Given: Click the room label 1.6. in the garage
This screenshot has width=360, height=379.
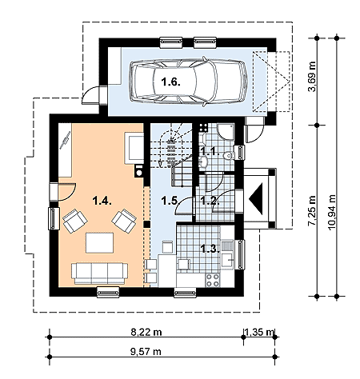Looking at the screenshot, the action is tap(171, 82).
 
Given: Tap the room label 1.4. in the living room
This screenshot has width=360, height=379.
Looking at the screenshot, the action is tap(102, 201).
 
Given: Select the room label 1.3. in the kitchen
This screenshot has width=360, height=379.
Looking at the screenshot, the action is tap(210, 249).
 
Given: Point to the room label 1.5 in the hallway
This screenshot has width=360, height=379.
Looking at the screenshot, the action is tap(170, 201).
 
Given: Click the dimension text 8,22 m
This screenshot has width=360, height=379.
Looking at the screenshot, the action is tap(146, 332).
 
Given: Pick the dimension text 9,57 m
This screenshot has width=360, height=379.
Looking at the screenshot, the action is tap(146, 352).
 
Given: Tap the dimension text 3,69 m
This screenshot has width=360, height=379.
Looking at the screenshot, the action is tap(312, 77).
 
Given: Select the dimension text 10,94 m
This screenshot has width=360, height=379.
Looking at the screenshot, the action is tap(331, 213).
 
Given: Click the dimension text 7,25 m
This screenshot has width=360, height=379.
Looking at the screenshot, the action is tap(312, 210).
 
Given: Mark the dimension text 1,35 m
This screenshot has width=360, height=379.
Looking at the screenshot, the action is tap(260, 332).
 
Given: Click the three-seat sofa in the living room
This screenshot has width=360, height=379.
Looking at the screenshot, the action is tap(99, 273).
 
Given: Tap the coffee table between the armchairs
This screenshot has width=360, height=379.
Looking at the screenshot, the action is tap(99, 243).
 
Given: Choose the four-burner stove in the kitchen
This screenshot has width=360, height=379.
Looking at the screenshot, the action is tap(212, 280).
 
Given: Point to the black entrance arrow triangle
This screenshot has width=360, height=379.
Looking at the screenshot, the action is tap(256, 198).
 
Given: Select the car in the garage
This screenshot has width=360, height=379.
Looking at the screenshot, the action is tap(188, 82).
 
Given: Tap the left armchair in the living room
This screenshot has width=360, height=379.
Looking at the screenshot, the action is tap(75, 221).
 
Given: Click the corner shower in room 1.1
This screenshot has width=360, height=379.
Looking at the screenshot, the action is tap(226, 131).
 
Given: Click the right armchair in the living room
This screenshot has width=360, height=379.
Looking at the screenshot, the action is tap(124, 221).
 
